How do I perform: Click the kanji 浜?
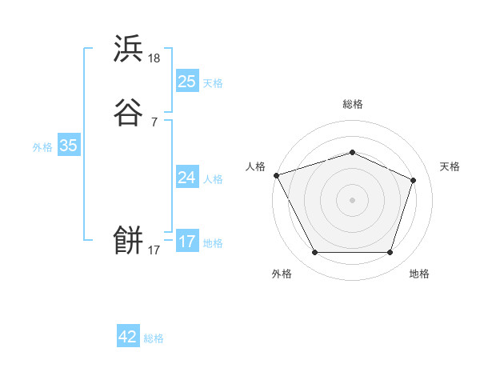coord(128,49)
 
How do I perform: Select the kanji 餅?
coord(128,239)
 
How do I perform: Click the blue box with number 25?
coord(186,82)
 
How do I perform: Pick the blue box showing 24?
coord(186,178)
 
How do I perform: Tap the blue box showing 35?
coord(68,146)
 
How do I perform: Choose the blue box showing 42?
coord(128,338)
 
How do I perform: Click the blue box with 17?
coord(186,242)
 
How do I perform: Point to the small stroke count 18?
coord(154,58)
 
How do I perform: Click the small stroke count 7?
coord(154,122)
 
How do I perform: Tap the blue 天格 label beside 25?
coord(213,83)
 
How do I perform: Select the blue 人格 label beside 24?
coord(213,179)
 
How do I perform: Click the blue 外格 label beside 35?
coord(42,147)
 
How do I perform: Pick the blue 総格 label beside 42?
coord(154,338)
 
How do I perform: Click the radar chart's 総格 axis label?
coord(352,104)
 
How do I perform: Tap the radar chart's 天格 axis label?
coord(450,166)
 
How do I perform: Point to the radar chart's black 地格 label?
coord(419,274)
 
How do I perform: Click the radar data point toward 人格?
coord(276,174)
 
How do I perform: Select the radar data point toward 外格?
coord(314,253)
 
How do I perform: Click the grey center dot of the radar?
coord(352,200)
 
